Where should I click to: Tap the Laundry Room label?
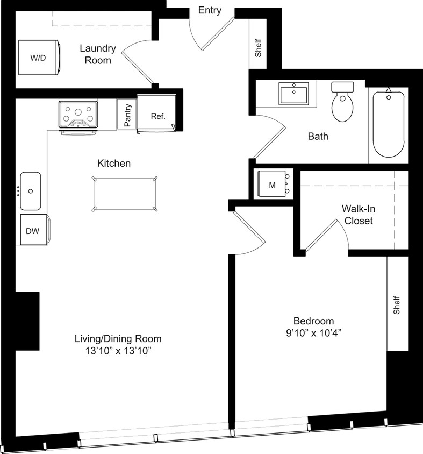tap(98, 54)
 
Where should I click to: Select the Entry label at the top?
tap(210, 10)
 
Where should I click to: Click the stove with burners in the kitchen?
tap(78, 115)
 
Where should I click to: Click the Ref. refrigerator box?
tap(157, 115)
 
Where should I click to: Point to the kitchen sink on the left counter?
tap(31, 191)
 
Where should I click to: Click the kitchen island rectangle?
tap(125, 193)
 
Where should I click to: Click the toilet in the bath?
tap(342, 102)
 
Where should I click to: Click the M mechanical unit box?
tap(273, 185)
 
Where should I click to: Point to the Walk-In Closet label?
tap(359, 215)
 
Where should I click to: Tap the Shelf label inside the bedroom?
tap(397, 305)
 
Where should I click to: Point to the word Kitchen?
tap(114, 163)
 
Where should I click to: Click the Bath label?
tap(318, 137)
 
